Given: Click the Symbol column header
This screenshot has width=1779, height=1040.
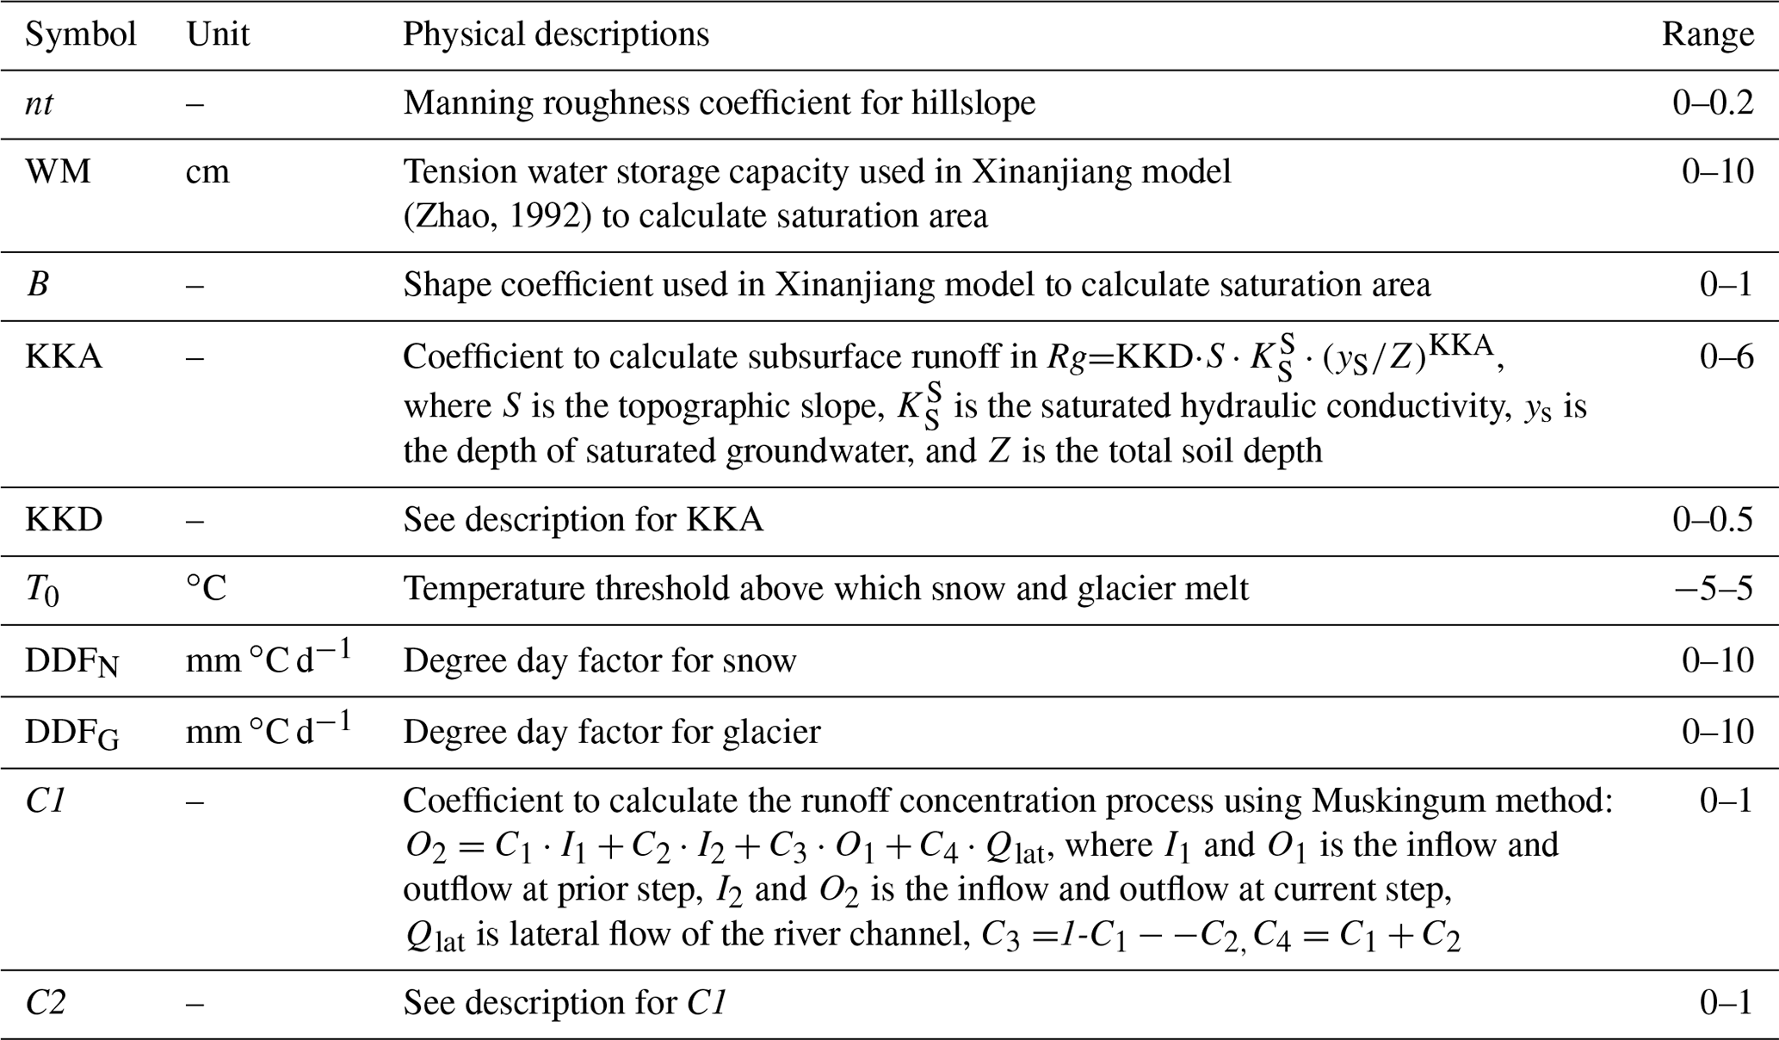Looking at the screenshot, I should pos(80,34).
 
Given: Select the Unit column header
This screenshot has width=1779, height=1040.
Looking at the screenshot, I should pos(218,34).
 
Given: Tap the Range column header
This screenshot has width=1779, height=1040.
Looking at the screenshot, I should pos(1707,34).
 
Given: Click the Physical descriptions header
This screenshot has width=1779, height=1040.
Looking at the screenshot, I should pos(556,34).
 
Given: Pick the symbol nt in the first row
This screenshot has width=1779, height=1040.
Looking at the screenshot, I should pos(39,103).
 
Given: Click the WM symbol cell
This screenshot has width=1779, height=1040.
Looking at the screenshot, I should pos(58,172).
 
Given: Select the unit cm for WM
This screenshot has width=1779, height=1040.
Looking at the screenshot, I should pos(207,172).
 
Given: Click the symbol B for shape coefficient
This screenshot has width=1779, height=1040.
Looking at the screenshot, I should pos(38,285).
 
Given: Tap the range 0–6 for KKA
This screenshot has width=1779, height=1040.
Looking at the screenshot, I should pos(1726,356).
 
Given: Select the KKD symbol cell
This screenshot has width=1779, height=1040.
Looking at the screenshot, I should pos(64,520).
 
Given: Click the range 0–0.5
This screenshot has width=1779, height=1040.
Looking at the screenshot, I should pos(1712,520).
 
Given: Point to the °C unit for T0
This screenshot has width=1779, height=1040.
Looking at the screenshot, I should pos(206,589).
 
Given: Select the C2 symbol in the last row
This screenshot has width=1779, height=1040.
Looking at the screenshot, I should pos(45,1003).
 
